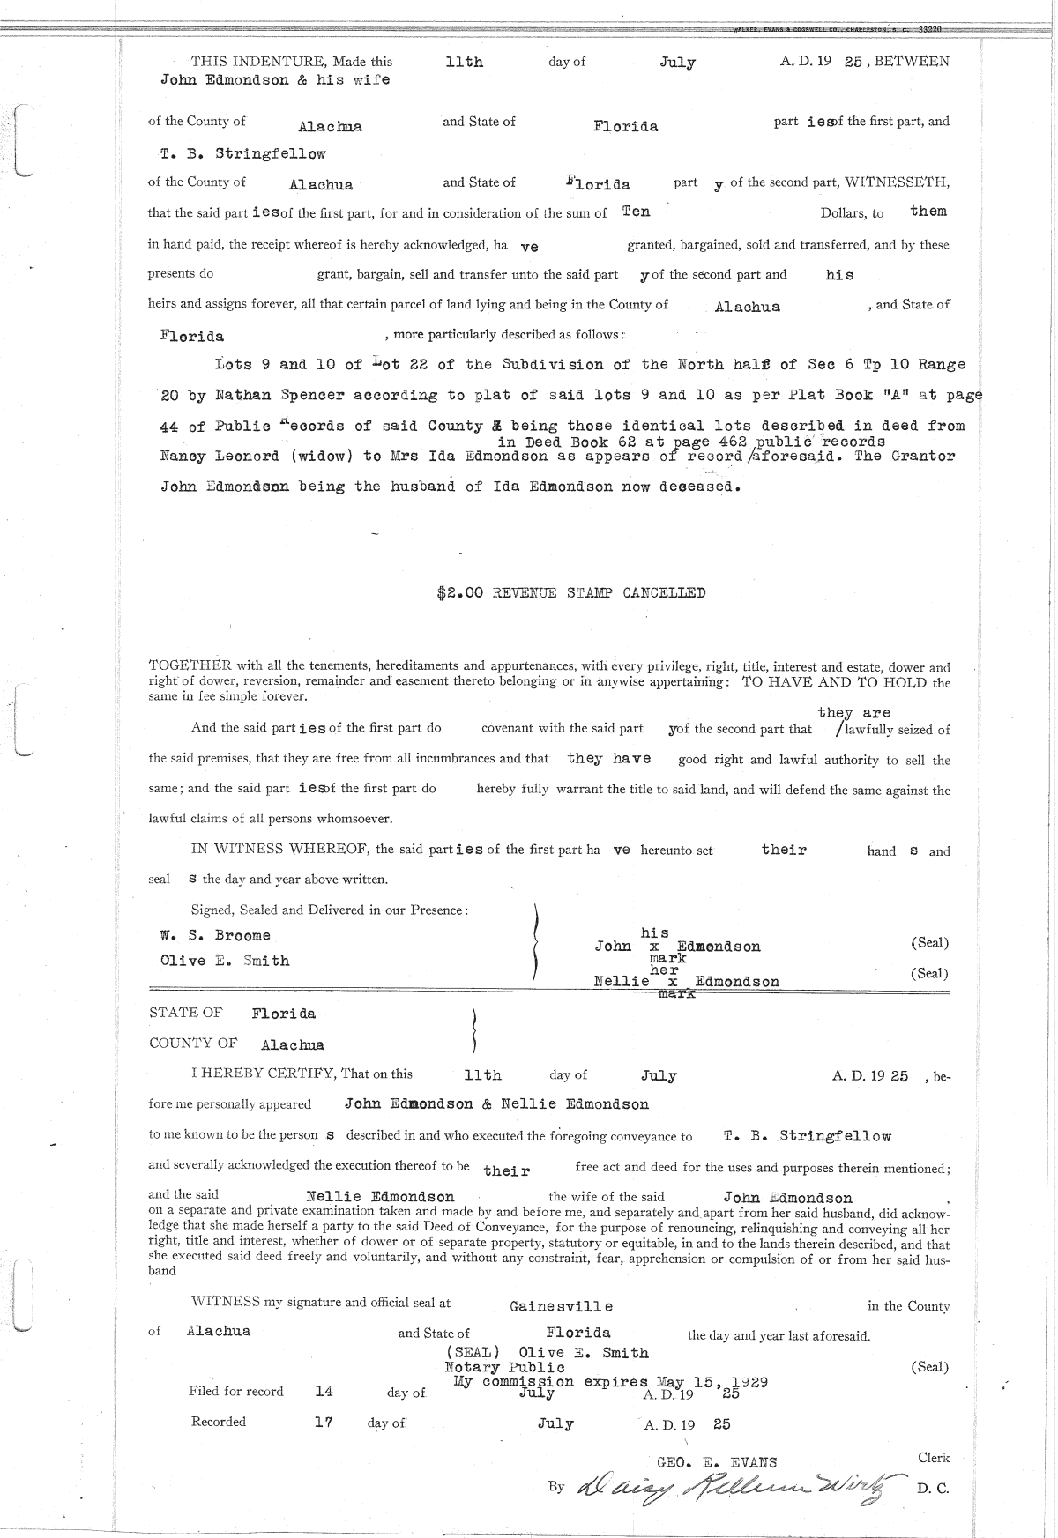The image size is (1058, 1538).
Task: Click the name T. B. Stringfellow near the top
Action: (243, 153)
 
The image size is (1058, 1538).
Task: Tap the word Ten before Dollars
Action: (636, 212)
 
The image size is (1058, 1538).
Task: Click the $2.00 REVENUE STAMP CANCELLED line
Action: (570, 593)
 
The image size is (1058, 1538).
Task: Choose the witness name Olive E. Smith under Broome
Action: (225, 961)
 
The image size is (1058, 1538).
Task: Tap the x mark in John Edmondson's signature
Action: (654, 947)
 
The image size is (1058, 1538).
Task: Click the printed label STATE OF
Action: (186, 1014)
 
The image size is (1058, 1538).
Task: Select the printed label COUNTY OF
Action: (193, 1044)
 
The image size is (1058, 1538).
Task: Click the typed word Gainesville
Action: (561, 1306)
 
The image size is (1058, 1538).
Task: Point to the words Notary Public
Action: (504, 1367)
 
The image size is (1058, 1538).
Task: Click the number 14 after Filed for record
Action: (324, 1392)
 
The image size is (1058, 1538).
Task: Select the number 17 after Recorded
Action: (323, 1423)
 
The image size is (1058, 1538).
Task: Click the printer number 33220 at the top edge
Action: (929, 29)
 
